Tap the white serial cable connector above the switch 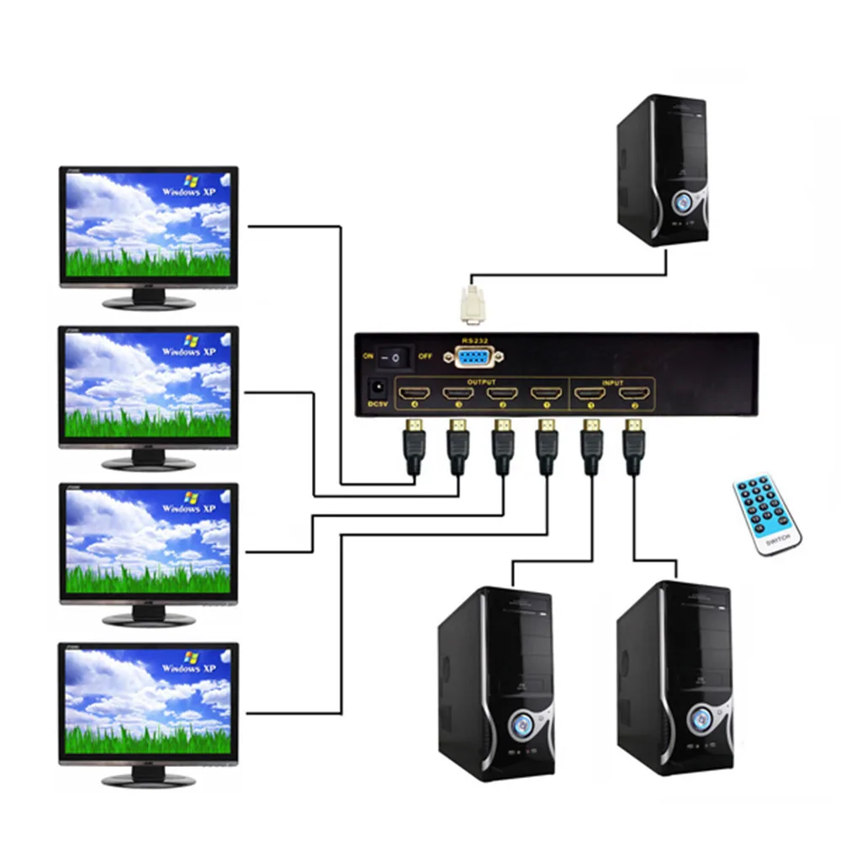(x=472, y=304)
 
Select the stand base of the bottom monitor (x=147, y=780)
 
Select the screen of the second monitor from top (x=147, y=383)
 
